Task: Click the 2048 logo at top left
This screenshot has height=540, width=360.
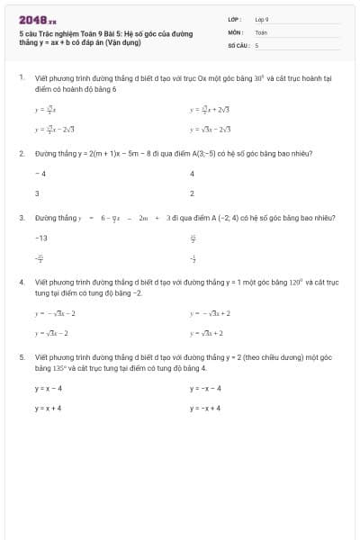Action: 37,19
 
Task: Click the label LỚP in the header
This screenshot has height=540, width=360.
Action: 234,19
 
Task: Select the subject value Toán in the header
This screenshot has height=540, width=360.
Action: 261,31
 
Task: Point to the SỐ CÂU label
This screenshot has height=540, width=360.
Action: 237,44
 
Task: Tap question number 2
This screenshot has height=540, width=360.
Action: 21,154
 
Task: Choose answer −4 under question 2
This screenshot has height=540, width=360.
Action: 40,173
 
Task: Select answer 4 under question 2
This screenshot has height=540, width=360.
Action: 193,173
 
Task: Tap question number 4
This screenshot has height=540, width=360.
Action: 21,282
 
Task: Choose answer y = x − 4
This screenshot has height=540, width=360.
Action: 49,388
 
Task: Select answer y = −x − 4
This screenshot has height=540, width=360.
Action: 205,388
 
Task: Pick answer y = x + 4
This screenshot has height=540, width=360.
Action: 49,408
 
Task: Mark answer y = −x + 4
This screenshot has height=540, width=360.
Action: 205,408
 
